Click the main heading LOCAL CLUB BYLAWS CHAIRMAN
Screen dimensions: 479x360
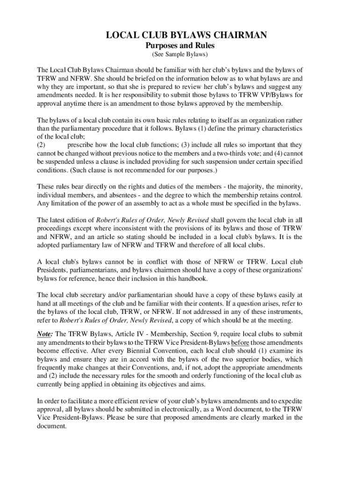180,36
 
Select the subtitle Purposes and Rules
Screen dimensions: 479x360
180,46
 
